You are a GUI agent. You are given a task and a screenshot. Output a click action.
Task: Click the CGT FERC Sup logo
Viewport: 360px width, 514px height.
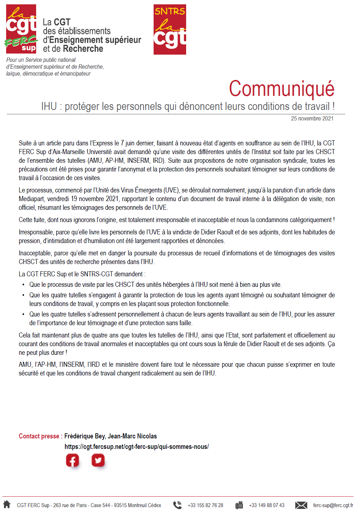click(21, 29)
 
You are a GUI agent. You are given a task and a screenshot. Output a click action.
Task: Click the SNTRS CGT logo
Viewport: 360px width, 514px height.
click(170, 29)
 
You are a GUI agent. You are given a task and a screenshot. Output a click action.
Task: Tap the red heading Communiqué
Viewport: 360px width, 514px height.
click(282, 89)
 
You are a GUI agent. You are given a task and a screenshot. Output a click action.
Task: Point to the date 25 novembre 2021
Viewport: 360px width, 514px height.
click(312, 118)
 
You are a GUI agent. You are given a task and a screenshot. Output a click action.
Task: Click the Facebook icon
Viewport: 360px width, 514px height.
click(73, 461)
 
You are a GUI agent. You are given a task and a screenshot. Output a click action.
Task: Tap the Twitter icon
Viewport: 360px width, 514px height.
click(98, 460)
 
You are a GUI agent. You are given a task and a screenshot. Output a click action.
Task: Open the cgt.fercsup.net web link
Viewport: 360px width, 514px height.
click(137, 447)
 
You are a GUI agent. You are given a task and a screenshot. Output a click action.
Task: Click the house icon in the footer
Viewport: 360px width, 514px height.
click(7, 505)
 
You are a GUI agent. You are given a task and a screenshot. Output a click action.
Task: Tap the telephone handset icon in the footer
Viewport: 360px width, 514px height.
click(177, 505)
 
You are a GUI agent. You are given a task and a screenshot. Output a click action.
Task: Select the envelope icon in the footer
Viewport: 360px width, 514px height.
click(301, 505)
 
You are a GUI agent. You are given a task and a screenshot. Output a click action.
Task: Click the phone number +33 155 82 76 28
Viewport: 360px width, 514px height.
click(205, 505)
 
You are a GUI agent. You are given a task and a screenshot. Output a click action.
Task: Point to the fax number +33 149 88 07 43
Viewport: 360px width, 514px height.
click(266, 505)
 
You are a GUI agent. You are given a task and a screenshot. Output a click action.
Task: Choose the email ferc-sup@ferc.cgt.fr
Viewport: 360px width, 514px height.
click(333, 505)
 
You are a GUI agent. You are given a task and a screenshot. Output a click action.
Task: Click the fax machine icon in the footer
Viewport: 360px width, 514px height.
click(239, 505)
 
